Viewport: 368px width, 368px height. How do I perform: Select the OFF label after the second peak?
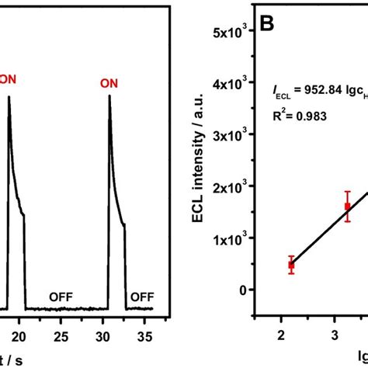tap(142, 296)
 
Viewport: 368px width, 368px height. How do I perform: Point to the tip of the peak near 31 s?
tap(109, 96)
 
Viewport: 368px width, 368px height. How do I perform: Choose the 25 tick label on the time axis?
tap(64, 335)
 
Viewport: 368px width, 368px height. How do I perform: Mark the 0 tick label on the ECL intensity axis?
tap(246, 290)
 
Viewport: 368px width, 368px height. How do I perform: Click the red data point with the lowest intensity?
tap(291, 265)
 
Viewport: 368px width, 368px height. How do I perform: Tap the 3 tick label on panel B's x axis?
tap(335, 335)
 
